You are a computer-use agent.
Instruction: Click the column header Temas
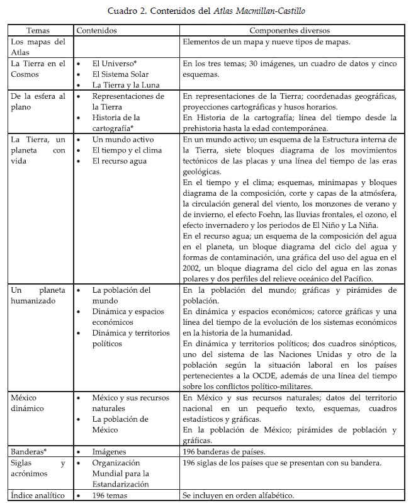coord(38,30)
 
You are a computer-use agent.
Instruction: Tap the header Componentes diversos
coord(290,30)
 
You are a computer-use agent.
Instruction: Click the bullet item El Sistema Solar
coord(120,74)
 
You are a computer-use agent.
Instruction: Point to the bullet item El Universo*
coord(115,64)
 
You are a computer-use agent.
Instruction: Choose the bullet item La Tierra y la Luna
coord(125,85)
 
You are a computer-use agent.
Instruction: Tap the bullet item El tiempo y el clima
coord(127,150)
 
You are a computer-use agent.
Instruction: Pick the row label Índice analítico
coord(37,495)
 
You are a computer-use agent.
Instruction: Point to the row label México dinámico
coord(30,403)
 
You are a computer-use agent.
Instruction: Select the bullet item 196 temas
coord(111,495)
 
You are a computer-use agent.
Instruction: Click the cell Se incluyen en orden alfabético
coord(250,495)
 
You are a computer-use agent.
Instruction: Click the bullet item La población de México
coord(120,424)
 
